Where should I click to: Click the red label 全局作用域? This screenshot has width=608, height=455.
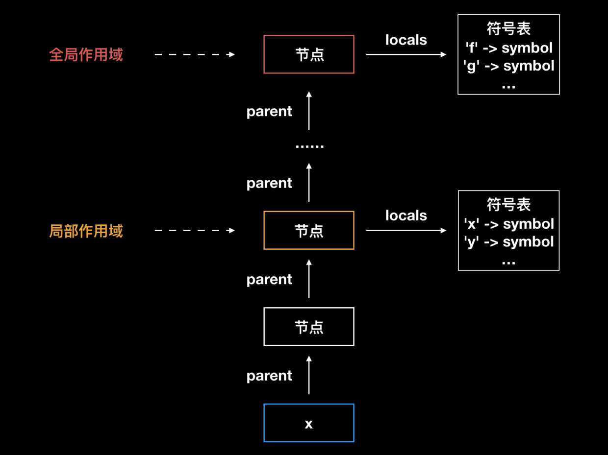click(x=86, y=54)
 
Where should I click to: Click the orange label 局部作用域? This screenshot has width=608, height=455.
click(x=86, y=231)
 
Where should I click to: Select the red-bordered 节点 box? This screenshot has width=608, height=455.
click(x=308, y=54)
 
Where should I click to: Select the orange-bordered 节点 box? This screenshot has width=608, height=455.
click(x=308, y=231)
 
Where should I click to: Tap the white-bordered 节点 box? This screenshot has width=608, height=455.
click(x=308, y=327)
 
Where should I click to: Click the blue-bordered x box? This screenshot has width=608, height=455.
click(x=308, y=423)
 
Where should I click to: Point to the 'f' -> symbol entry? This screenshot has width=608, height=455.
click(x=508, y=48)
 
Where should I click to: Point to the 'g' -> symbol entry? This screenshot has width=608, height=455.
click(x=508, y=66)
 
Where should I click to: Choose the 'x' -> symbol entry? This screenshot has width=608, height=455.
click(x=508, y=224)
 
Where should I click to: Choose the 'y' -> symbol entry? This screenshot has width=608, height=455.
click(x=508, y=241)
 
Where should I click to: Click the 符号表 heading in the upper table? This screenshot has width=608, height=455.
click(x=508, y=29)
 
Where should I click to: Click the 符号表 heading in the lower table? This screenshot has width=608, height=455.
click(x=508, y=205)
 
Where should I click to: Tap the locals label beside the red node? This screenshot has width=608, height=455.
click(x=406, y=40)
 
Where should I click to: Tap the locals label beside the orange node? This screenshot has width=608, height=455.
click(x=406, y=216)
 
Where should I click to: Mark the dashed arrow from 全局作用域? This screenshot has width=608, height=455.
click(x=195, y=54)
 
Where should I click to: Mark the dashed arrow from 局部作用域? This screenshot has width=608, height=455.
click(x=195, y=231)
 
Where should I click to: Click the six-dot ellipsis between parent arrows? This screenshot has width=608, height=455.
click(x=309, y=146)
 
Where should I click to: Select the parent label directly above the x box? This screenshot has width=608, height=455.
click(x=269, y=376)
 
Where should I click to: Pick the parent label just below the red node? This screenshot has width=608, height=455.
click(x=269, y=112)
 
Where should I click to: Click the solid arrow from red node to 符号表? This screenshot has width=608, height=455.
click(x=406, y=54)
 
